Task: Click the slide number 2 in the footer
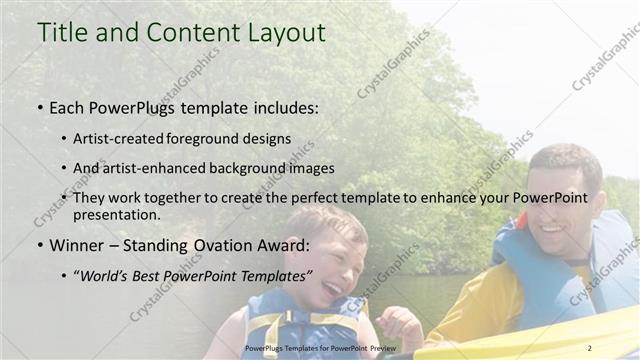pyautogui.click(x=589, y=347)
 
